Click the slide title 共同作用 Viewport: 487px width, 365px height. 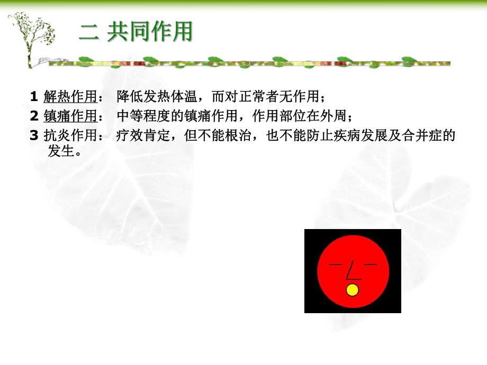150,32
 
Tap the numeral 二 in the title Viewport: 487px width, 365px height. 89,33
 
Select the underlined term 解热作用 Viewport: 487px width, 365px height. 70,97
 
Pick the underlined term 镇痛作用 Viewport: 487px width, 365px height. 70,116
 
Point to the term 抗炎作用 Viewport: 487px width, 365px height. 70,135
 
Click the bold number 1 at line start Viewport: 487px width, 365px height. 33,97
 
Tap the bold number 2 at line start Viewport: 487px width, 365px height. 33,116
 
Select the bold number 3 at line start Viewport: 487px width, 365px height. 33,135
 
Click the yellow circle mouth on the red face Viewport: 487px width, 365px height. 352,290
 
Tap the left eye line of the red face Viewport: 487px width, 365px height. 336,263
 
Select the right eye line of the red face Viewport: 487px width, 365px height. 370,263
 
